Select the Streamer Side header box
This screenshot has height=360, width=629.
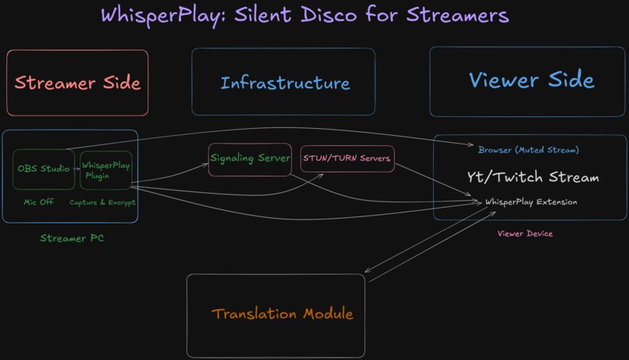(77, 83)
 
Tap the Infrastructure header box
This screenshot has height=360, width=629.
(284, 83)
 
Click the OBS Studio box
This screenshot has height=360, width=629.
(44, 169)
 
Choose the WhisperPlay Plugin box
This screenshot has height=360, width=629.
(106, 170)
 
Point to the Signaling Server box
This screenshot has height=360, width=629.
(250, 159)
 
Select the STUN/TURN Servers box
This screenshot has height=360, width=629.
(346, 159)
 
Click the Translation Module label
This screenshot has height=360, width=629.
(282, 314)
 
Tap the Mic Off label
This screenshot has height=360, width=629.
(38, 202)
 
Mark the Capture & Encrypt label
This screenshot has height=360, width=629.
(102, 202)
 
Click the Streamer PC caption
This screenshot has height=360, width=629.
(72, 238)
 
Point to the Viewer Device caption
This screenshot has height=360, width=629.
(524, 233)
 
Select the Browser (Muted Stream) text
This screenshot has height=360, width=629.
(528, 150)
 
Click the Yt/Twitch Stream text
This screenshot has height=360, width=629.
(533, 177)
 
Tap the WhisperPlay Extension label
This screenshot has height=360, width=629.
(531, 202)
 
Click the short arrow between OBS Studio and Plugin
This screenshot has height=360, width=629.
(77, 169)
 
